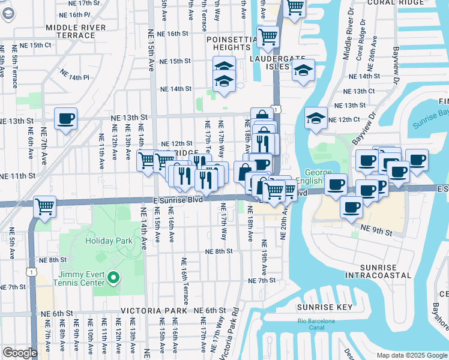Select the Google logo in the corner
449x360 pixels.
pos(20,353)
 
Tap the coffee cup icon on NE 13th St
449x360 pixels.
pos(66,118)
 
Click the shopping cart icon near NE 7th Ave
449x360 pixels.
pos(45,206)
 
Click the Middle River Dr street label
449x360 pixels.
pos(347,38)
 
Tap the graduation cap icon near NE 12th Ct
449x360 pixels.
pos(315,118)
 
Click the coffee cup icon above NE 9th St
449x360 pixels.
pos(351,207)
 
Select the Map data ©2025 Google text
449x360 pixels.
pos(411,355)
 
